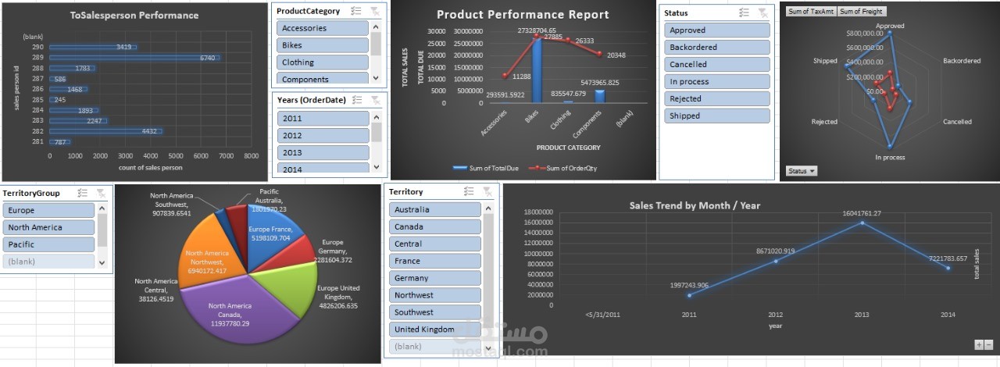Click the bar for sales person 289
(133, 58)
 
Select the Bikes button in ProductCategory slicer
(322, 45)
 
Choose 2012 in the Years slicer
(322, 136)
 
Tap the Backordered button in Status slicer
(717, 48)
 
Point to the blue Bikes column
(537, 70)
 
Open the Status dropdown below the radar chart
(801, 170)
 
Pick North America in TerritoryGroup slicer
(48, 227)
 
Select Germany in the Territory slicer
(434, 278)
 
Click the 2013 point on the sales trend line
(861, 223)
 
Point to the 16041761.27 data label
(861, 213)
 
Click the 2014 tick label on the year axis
(947, 315)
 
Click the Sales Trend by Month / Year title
(695, 205)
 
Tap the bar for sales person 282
(105, 131)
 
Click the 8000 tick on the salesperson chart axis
(251, 156)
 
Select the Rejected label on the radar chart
(824, 122)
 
